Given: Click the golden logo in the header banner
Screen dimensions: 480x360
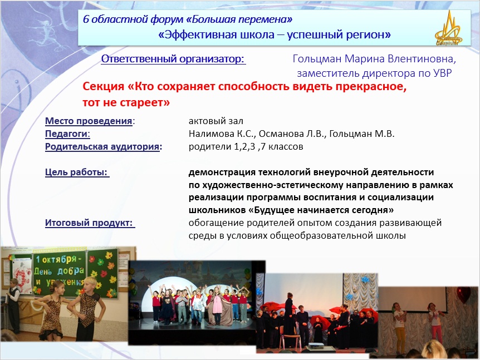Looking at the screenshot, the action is click(x=448, y=29).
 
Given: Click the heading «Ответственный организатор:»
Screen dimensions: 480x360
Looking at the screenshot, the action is click(x=173, y=59).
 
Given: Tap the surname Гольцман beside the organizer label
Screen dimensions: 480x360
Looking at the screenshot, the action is click(x=317, y=59).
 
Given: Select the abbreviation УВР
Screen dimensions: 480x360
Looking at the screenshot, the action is click(x=443, y=73).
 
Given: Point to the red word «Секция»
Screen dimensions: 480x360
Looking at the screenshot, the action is click(x=104, y=87).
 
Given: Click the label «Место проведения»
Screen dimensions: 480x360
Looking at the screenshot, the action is click(x=89, y=121).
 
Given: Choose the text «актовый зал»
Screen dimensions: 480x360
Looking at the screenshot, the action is click(x=216, y=121).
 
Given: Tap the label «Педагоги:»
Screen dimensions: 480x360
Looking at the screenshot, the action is click(x=67, y=134).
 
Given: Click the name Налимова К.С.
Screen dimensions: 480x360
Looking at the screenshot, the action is click(x=222, y=134).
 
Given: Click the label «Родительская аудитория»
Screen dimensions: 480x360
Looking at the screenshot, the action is click(x=102, y=147).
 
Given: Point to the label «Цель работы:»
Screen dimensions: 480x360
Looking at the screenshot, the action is click(x=77, y=172).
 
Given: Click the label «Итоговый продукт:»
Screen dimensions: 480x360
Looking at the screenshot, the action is click(x=90, y=223).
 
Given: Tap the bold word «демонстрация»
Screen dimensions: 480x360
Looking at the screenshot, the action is click(x=222, y=172).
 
